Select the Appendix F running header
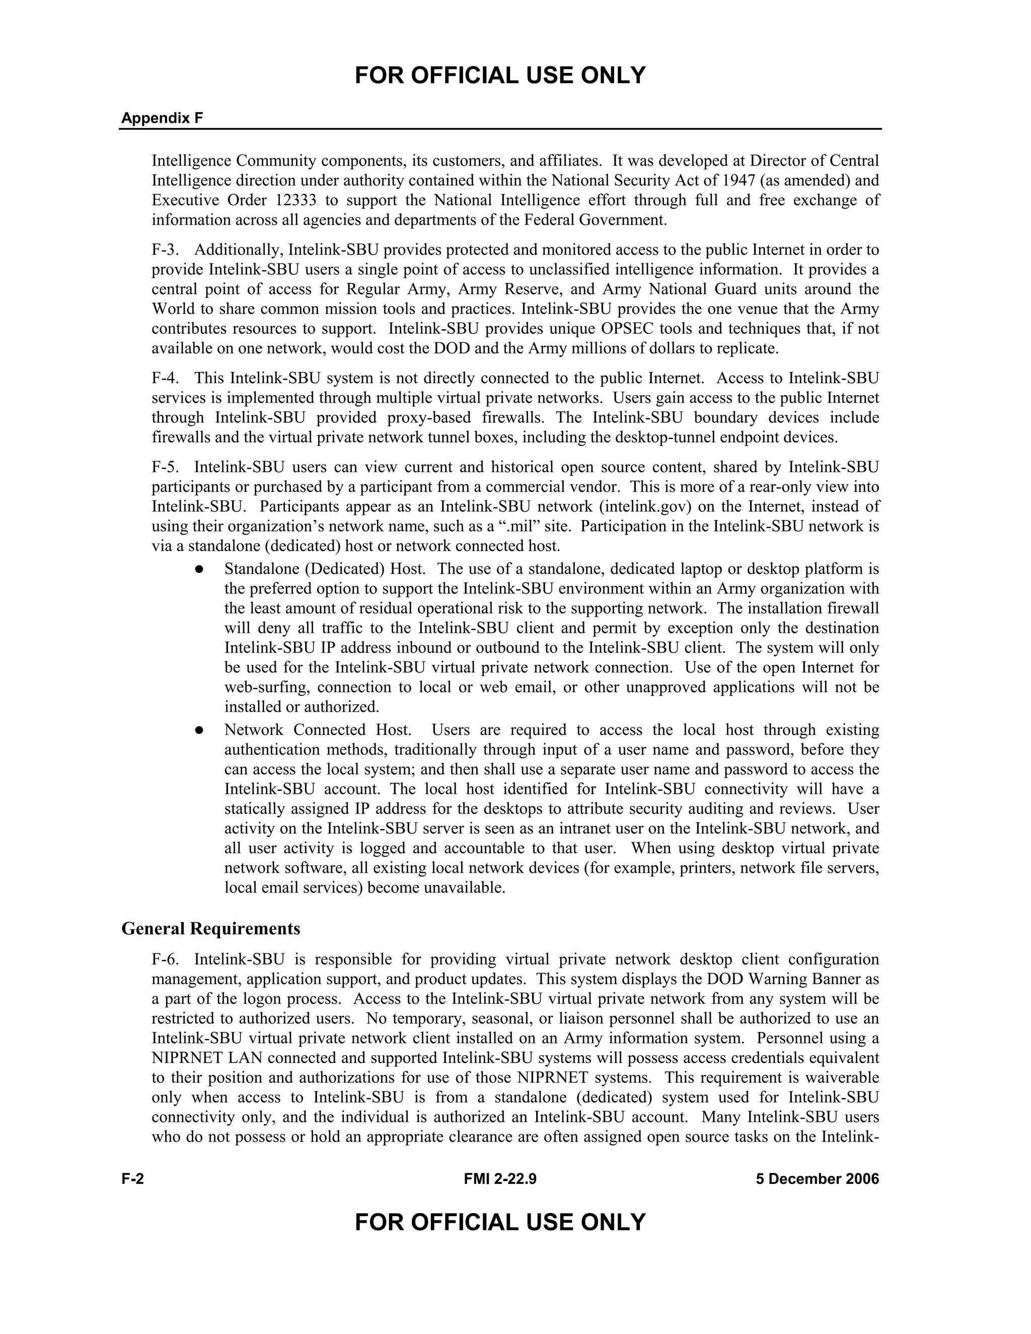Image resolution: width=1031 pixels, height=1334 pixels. pos(162,118)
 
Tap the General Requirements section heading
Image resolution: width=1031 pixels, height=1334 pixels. pos(211,928)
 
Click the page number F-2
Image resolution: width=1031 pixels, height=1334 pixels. pos(132,1179)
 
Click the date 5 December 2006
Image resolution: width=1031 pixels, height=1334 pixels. pos(817,1179)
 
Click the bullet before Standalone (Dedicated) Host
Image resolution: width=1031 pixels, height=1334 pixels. pos(199,569)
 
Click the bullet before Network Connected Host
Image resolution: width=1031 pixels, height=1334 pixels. pos(199,730)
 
